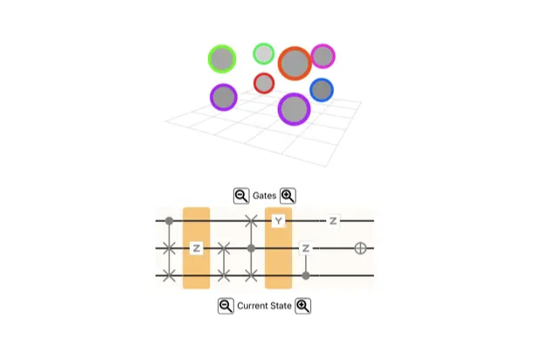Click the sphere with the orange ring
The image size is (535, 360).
point(295,64)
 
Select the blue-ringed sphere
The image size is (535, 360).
point(322,90)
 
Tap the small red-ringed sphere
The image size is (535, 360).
point(264,83)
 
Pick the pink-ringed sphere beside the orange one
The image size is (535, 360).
point(323,56)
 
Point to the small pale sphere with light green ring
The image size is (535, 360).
point(264,53)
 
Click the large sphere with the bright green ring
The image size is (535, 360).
point(222,59)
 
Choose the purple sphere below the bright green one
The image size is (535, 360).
point(224,97)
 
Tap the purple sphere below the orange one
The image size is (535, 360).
point(294,109)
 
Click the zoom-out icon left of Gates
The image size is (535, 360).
point(241,196)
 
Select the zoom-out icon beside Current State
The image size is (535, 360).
point(226,306)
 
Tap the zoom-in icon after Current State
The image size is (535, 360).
point(303,306)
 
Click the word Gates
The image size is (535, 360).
point(264,196)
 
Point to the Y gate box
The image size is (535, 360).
point(278,221)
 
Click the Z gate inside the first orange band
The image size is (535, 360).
point(197,248)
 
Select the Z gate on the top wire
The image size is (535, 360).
point(333,221)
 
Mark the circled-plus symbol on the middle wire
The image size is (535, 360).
point(360,248)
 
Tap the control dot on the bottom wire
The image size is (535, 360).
point(306,275)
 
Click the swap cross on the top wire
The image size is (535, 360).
point(251,221)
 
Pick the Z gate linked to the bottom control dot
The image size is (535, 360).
point(306,248)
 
